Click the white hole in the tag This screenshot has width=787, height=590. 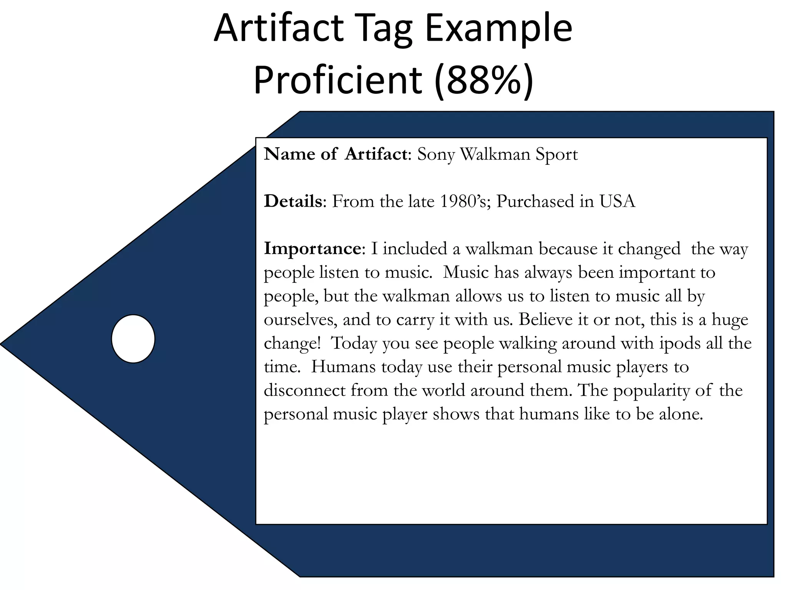(133, 339)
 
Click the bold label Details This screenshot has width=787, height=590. (293, 201)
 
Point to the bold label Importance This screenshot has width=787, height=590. (312, 249)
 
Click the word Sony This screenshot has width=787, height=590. (436, 154)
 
